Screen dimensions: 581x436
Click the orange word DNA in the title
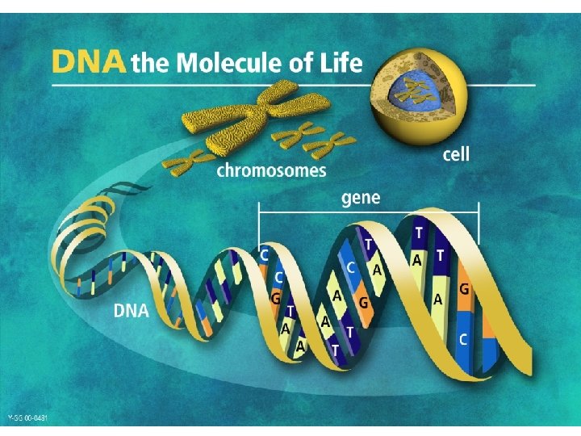tap(89, 61)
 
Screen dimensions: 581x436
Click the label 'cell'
tap(456, 153)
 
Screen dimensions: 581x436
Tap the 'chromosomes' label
tap(271, 170)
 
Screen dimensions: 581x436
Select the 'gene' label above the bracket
tap(362, 197)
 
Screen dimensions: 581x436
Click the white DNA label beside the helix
tap(132, 311)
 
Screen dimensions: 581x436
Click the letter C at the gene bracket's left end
tap(265, 254)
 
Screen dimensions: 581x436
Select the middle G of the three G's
tap(363, 302)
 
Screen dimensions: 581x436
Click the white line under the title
tap(290, 84)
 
